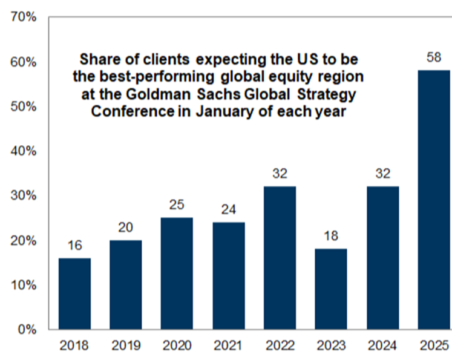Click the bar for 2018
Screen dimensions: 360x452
pos(74,293)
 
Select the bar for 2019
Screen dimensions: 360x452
pos(125,284)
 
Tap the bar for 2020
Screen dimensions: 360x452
pos(176,273)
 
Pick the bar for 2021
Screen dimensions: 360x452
pos(228,275)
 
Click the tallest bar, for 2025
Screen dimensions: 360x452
pos(433,200)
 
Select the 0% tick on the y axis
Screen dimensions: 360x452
pos(27,330)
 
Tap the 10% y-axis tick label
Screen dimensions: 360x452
pos(24,285)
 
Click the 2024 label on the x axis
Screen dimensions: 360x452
pos(381,346)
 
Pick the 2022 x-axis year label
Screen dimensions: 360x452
pos(279,346)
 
